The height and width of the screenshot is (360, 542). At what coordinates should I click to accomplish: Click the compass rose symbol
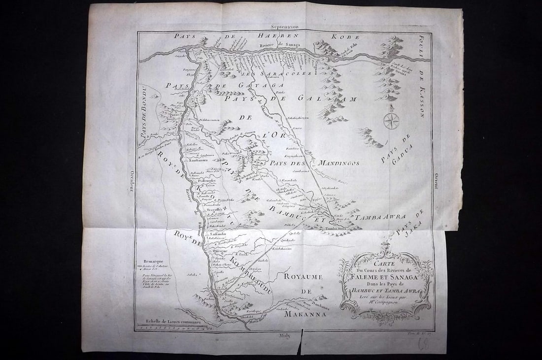click(x=391, y=120)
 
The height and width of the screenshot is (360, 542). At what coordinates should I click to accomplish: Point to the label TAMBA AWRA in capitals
click(x=381, y=217)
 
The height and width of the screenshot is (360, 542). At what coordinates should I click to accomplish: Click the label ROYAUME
click(x=303, y=277)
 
